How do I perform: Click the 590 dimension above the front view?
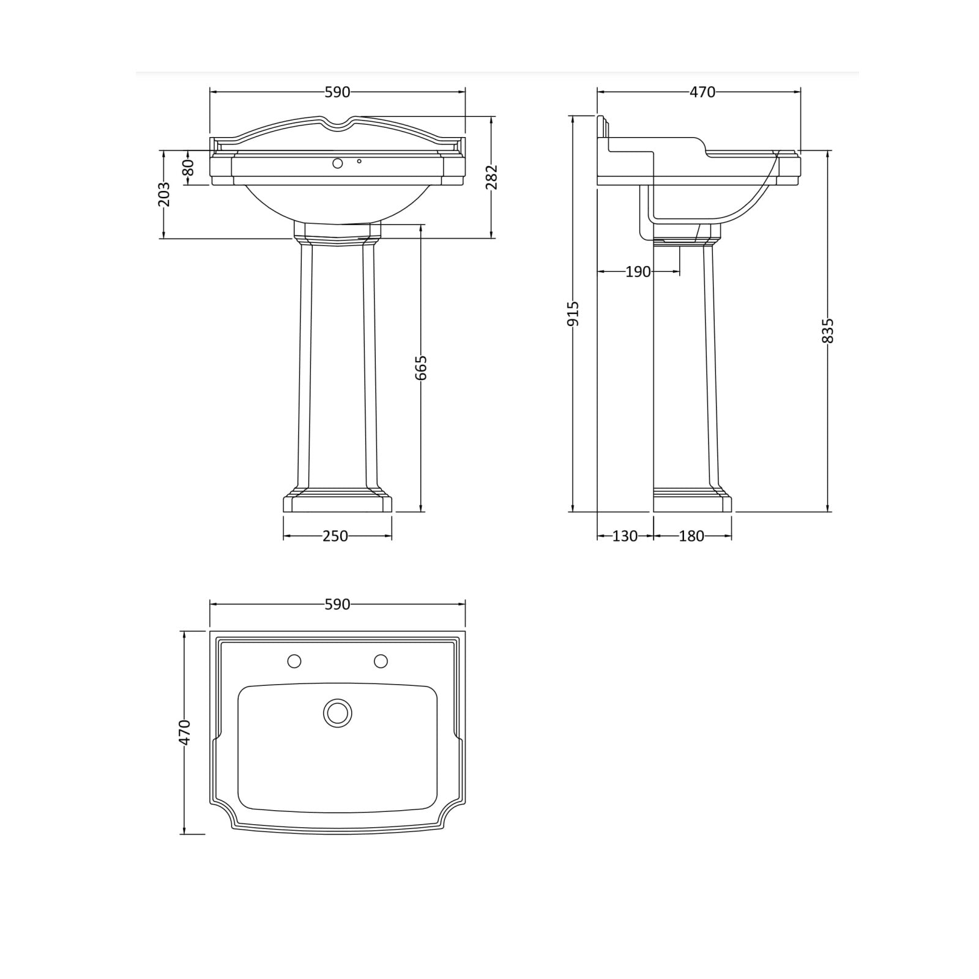(x=337, y=92)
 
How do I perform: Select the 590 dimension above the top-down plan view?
(x=337, y=605)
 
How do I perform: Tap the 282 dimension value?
(x=492, y=177)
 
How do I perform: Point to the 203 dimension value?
(x=164, y=194)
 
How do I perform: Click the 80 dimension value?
(x=188, y=168)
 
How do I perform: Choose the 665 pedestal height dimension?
(x=421, y=368)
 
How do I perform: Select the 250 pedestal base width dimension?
(x=335, y=537)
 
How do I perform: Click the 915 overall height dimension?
(x=573, y=313)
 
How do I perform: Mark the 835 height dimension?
(x=828, y=330)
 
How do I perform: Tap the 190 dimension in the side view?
(x=638, y=272)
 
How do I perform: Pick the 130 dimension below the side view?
(x=625, y=537)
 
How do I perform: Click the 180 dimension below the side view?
(x=691, y=537)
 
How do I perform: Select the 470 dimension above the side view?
(x=702, y=92)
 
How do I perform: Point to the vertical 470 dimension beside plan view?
(x=185, y=732)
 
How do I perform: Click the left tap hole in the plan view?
(x=294, y=661)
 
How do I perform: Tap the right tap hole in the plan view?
(x=381, y=661)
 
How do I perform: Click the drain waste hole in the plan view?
(x=338, y=713)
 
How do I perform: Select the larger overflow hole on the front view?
(x=337, y=163)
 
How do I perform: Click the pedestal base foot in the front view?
(x=337, y=503)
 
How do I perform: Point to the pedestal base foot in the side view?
(x=692, y=503)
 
